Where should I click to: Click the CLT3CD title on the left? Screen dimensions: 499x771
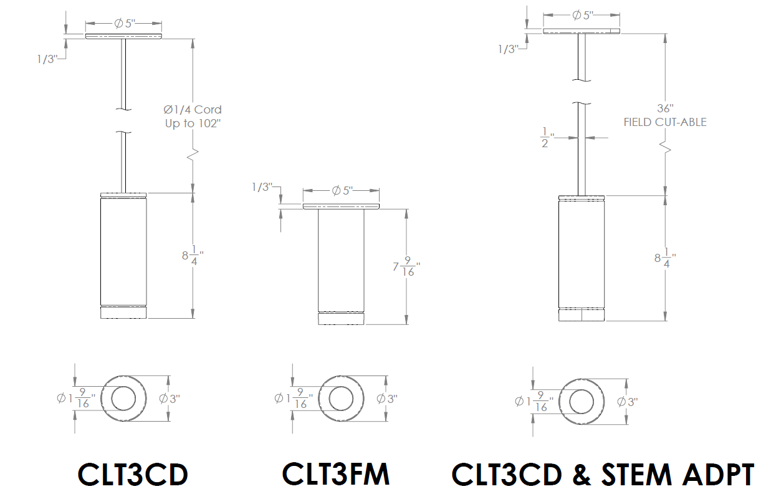click(x=133, y=475)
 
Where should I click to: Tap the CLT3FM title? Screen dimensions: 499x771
click(x=336, y=474)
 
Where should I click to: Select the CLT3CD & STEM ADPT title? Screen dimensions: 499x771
click(x=603, y=475)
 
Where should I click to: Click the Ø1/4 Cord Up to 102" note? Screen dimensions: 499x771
click(x=193, y=117)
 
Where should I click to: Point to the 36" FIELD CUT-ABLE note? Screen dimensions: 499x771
click(x=665, y=115)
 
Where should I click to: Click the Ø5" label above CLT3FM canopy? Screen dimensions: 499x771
click(x=342, y=190)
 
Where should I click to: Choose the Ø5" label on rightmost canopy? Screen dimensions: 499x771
click(x=582, y=15)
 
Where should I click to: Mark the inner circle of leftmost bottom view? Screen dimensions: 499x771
click(x=123, y=398)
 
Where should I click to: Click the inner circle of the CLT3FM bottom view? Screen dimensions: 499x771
click(x=341, y=399)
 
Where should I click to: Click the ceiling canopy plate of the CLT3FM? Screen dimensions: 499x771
click(x=341, y=206)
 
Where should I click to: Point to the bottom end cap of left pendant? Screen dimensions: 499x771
click(x=123, y=312)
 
